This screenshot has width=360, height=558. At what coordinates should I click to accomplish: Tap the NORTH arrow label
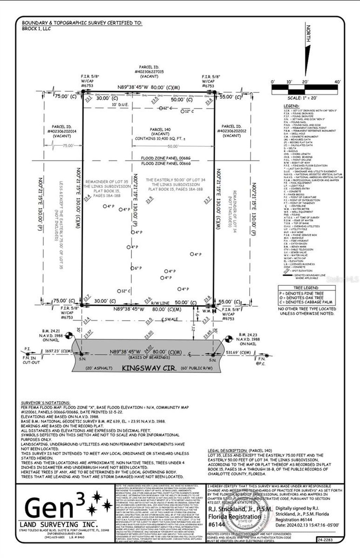click(308, 34)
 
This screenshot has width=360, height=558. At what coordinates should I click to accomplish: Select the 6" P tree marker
click(137, 268)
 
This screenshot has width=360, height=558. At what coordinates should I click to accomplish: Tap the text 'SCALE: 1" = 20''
click(304, 98)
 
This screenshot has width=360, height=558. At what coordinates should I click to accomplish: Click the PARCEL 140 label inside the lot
click(160, 129)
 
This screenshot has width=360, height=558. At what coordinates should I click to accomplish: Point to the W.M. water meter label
click(206, 310)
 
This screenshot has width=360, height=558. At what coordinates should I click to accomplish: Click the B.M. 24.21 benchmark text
click(51, 331)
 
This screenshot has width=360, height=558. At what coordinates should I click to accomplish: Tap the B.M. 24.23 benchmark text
click(249, 335)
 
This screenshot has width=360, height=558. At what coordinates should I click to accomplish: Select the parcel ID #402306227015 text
click(149, 72)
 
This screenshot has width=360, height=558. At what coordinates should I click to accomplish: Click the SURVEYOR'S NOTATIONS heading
click(45, 403)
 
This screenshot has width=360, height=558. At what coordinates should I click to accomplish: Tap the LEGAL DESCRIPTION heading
click(227, 450)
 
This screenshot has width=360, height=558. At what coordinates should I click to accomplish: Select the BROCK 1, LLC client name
click(36, 29)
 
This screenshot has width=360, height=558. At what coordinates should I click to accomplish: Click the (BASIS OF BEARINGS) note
click(149, 357)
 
